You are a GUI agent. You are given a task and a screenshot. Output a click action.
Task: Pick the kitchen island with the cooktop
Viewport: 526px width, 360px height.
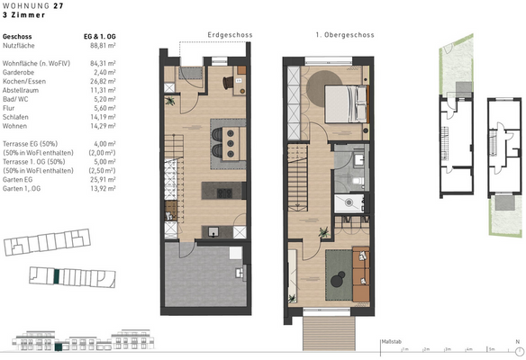click(220, 190)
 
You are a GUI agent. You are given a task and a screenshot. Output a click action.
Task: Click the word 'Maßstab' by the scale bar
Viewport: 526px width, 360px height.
click(391, 342)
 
